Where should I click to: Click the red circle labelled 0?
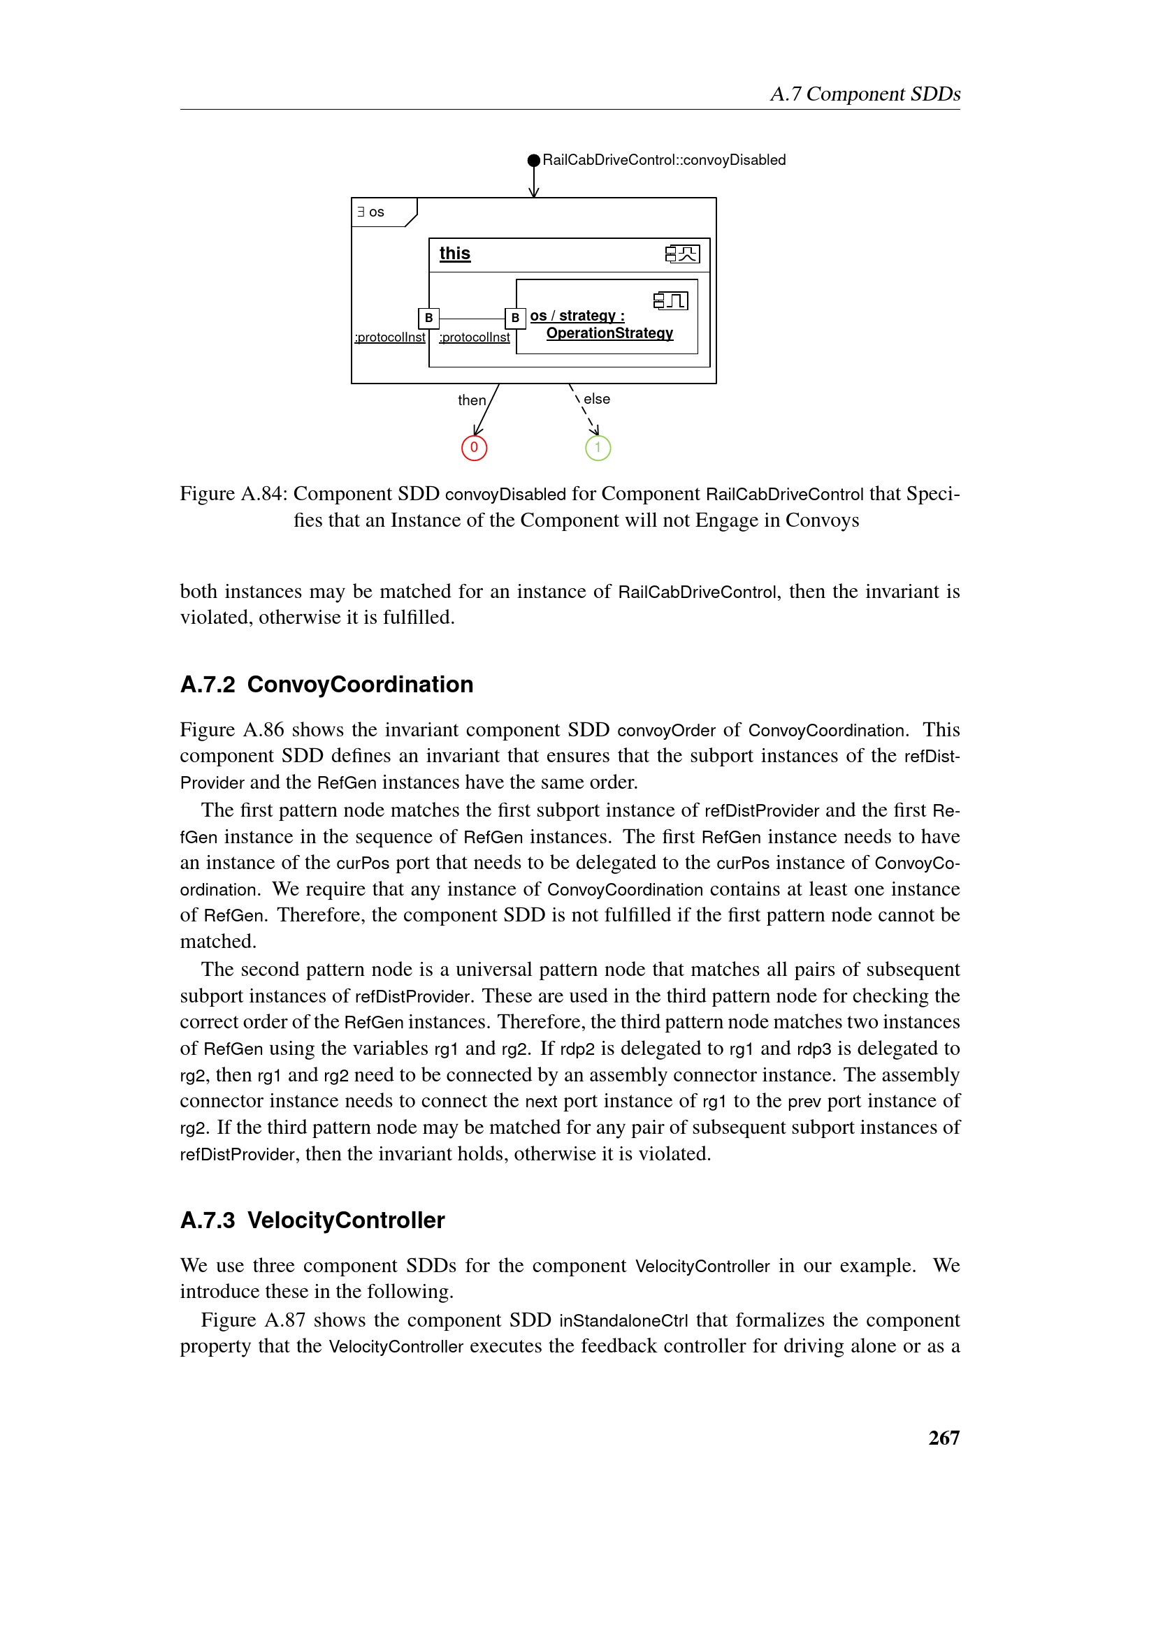point(474,448)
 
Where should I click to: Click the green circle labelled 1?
point(598,448)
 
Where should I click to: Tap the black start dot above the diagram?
point(534,160)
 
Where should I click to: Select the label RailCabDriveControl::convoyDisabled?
point(664,160)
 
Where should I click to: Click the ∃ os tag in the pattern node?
point(372,212)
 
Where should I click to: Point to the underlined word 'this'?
point(455,254)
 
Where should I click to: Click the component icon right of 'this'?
point(683,254)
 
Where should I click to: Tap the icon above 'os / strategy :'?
point(670,301)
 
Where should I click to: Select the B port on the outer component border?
point(428,318)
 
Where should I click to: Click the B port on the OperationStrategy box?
point(515,318)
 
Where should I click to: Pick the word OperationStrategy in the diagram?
point(609,333)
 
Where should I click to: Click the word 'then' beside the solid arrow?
point(471,401)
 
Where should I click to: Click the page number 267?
point(944,1438)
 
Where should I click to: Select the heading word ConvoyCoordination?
point(360,685)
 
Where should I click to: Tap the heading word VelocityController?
point(346,1220)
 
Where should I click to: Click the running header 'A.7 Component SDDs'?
point(865,94)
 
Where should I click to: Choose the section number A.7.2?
point(207,685)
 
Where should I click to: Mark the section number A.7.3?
point(207,1220)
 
